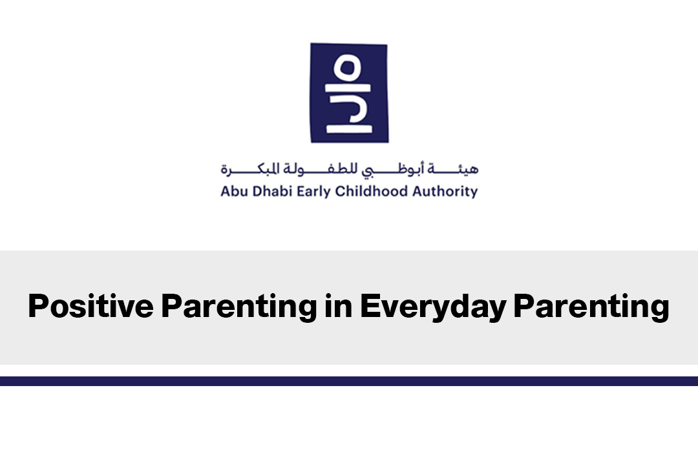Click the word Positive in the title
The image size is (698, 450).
tap(91, 306)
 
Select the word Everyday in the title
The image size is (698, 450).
tap(433, 307)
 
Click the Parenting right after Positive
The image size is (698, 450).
tap(239, 307)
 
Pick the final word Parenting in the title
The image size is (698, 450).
tap(591, 307)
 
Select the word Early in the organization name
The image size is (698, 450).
tap(314, 192)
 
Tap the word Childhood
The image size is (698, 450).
tap(371, 191)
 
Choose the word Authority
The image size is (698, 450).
tap(445, 192)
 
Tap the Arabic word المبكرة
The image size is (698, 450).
tap(249, 169)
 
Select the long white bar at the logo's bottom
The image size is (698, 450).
tap(350, 129)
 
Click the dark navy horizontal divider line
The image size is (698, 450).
tap(349, 381)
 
